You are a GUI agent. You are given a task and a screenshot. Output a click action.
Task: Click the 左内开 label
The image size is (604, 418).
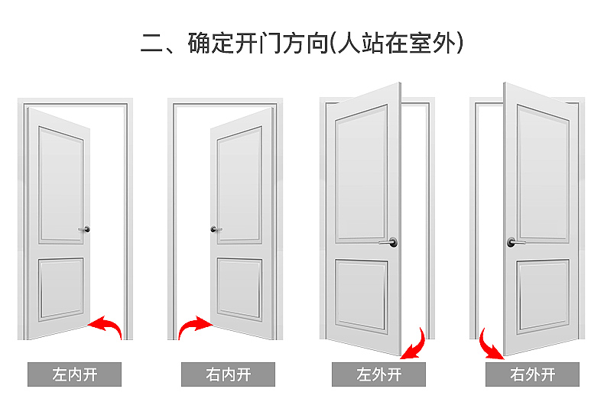[74, 374]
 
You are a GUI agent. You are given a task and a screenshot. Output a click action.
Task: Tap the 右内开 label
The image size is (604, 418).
[228, 374]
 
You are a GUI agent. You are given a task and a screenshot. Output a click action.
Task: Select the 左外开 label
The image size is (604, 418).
[378, 374]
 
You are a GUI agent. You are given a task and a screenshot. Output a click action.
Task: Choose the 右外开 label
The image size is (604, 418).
[532, 374]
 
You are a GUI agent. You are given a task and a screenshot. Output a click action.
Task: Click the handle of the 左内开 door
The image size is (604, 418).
[85, 229]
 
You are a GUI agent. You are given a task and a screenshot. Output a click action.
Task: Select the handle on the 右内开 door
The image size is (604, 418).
[216, 229]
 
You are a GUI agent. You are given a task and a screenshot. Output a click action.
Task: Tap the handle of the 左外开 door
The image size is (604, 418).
[388, 242]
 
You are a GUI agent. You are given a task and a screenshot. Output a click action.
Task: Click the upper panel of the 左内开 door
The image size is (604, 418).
[61, 186]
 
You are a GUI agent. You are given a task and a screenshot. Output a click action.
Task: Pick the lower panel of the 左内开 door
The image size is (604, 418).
[61, 289]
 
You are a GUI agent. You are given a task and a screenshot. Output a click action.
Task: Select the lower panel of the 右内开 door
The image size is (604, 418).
[239, 289]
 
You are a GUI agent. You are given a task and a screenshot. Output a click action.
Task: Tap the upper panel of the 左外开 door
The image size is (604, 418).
[362, 174]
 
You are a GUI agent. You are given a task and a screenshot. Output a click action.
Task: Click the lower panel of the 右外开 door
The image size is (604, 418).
[543, 296]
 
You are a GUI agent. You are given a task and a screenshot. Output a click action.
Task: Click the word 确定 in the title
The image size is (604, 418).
[212, 43]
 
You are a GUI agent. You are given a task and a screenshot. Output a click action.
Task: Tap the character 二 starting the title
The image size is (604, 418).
[151, 43]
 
